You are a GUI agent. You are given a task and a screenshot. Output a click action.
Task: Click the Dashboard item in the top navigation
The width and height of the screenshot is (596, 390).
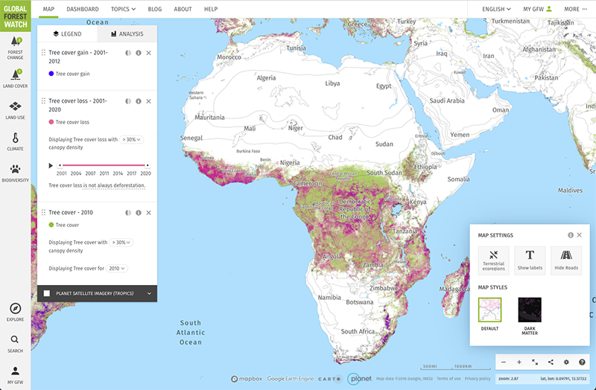(83, 9)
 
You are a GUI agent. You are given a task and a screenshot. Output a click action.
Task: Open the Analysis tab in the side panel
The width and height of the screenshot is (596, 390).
(127, 34)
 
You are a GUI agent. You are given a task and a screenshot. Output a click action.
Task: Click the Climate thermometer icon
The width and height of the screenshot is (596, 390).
(15, 138)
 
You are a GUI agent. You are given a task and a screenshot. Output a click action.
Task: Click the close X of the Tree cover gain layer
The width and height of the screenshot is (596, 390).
(148, 53)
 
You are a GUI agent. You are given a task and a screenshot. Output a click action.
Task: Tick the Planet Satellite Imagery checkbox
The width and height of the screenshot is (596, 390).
(47, 293)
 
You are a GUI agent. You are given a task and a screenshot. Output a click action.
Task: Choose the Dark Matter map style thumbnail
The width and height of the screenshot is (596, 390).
(530, 310)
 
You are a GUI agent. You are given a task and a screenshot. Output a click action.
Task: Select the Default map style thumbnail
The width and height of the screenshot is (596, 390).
(489, 310)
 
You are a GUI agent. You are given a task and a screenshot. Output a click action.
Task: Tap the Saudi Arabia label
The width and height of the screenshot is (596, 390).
(447, 101)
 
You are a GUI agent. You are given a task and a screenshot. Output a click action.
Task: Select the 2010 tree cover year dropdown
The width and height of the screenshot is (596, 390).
(118, 269)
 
